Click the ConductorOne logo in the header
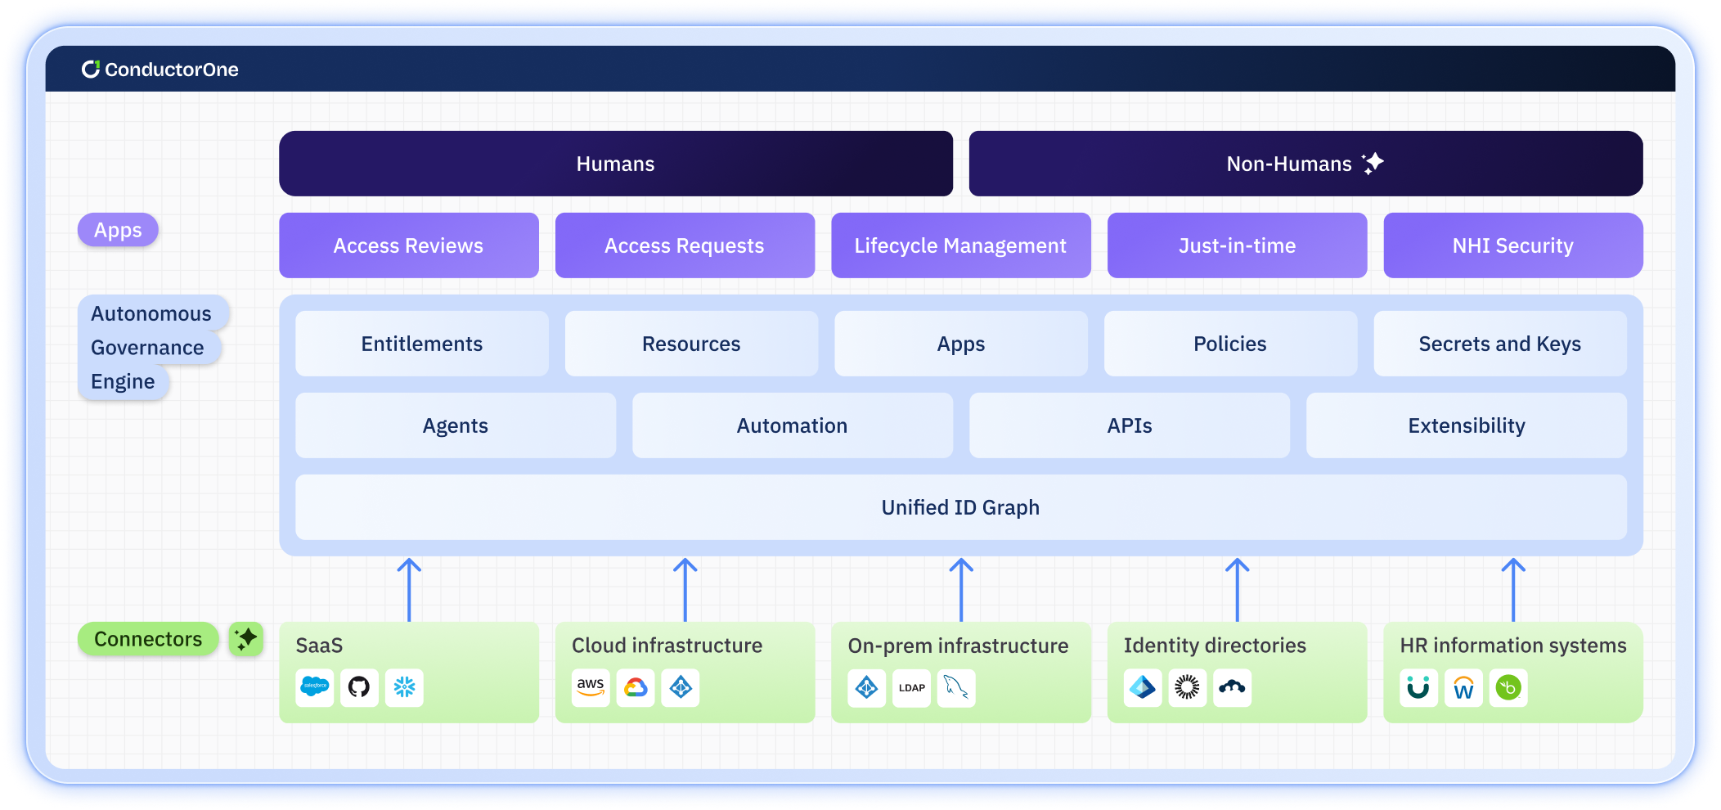point(160,70)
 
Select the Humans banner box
point(615,164)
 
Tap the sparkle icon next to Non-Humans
point(1373,163)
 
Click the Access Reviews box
point(408,245)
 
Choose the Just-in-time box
point(1237,245)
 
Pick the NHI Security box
point(1512,245)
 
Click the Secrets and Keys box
point(1499,344)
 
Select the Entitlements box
point(421,344)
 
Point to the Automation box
point(792,425)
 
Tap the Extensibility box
point(1466,425)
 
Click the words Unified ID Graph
point(960,507)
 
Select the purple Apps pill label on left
point(118,230)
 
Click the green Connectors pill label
point(148,639)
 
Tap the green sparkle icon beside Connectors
point(245,639)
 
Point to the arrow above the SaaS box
point(409,589)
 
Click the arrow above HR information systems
point(1513,589)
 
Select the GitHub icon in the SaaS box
point(359,687)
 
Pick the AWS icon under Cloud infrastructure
point(591,687)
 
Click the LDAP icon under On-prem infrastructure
point(911,687)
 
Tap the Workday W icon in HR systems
point(1463,687)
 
